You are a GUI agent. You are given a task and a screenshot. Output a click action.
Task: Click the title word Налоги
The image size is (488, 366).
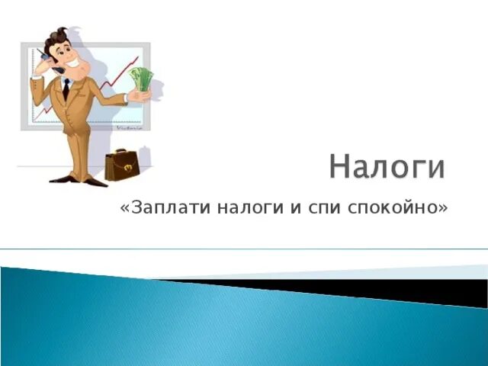coord(387,166)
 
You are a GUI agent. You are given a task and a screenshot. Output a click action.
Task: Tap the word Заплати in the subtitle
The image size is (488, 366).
coord(171,207)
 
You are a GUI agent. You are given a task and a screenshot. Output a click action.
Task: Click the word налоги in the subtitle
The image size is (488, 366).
coord(250,208)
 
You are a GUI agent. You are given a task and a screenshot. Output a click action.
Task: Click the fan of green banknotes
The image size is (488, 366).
coord(142,79)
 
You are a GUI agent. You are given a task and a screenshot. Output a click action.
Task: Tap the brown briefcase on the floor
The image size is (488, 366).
coord(122,165)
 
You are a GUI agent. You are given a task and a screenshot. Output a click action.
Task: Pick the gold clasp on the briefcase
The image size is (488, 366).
coord(128,168)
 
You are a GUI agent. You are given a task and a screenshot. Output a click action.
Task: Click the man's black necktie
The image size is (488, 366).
coord(66,89)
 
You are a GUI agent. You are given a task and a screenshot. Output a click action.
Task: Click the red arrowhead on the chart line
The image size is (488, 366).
coord(136,59)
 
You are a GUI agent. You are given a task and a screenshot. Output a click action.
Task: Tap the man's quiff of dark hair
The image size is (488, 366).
coord(58,36)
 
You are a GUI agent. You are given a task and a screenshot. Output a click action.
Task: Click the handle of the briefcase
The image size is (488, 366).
coord(120,151)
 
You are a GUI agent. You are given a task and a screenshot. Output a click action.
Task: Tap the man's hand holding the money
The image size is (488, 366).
coord(139,96)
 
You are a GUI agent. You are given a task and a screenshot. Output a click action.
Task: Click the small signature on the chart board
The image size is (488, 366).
coord(130,128)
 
